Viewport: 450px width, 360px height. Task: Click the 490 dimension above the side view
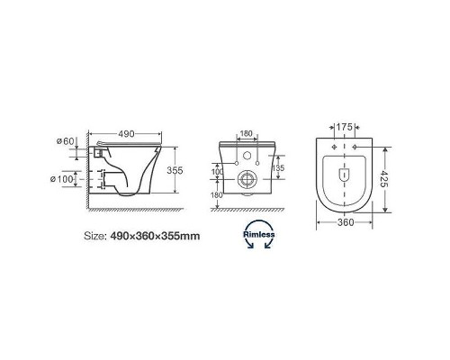click(126, 134)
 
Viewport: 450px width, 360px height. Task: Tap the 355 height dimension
click(175, 170)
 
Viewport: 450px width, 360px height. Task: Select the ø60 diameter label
click(65, 141)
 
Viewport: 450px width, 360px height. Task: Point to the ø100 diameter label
click(62, 179)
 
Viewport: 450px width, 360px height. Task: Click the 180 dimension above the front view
click(247, 133)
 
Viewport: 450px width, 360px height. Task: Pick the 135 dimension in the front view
click(279, 167)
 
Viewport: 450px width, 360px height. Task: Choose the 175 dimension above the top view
click(344, 127)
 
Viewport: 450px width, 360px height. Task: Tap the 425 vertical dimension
click(383, 179)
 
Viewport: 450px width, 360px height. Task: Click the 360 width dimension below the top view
click(346, 222)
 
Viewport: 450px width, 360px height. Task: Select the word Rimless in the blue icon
click(258, 234)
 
